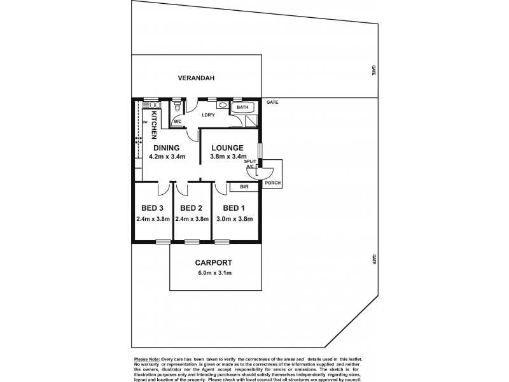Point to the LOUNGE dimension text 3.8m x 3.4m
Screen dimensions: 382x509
point(228,156)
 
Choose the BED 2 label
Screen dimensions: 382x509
point(191,208)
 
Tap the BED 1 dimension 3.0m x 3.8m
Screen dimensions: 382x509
point(235,219)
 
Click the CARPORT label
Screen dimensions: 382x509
point(214,262)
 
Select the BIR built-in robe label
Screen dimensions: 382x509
point(243,187)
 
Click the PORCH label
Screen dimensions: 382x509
point(273,183)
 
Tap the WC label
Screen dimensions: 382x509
point(178,120)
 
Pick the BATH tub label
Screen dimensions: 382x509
point(242,108)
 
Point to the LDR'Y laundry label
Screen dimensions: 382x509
point(207,115)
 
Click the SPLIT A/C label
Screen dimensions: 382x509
point(251,164)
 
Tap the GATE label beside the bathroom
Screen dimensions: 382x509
point(272,103)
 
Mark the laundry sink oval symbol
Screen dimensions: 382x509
point(221,105)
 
